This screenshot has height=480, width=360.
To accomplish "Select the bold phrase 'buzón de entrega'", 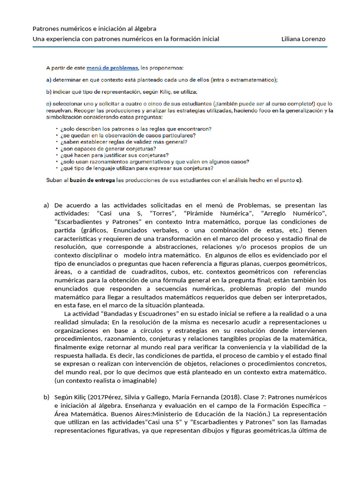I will coord(92,180).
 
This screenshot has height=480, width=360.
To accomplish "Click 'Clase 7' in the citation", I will coord(272,397).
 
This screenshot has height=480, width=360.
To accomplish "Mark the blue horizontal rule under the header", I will coord(180,46).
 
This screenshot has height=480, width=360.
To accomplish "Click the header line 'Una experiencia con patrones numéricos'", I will coord(126,39).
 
